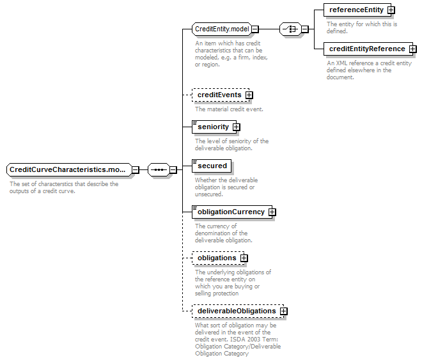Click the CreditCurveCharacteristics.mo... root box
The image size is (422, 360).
coord(69,170)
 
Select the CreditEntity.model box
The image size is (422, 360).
coord(222,29)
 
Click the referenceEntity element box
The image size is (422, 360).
coord(357,10)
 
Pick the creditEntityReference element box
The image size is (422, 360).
coord(368,49)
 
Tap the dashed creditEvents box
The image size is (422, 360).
coord(221,95)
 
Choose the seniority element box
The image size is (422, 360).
coord(214,127)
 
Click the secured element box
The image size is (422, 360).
coord(212,166)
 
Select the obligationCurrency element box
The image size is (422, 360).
coord(232,212)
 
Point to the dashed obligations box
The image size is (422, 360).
coord(218,258)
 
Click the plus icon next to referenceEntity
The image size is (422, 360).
coord(391,10)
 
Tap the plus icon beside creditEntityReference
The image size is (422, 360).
coord(413,49)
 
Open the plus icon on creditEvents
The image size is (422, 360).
coord(249,95)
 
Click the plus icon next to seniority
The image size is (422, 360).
coord(237,127)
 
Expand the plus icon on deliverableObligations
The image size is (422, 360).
coord(284,311)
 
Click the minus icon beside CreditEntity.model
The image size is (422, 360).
coord(255,29)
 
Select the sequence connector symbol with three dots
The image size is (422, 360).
coord(159,170)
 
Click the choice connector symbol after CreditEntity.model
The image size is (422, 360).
coord(290,29)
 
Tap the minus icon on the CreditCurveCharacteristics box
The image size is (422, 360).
coord(136,170)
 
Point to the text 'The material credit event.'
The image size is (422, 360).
coord(229,109)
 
